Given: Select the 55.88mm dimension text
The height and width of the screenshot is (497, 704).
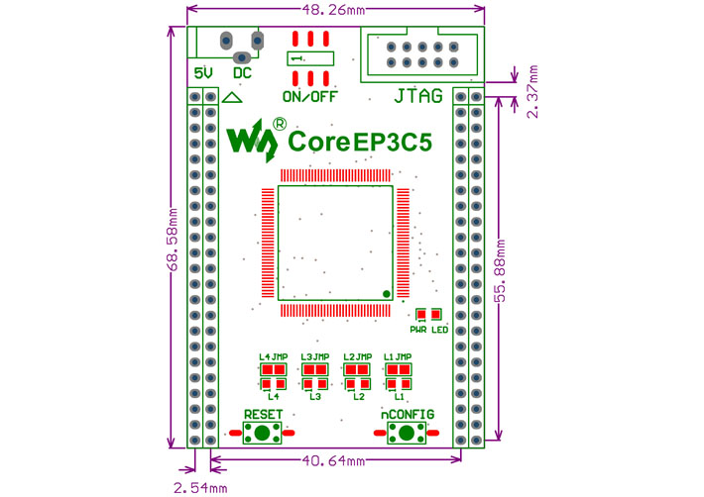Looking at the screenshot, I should point(502,270).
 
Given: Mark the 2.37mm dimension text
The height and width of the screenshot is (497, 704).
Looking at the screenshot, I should point(533,93).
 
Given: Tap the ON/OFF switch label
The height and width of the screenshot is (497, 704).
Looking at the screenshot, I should point(309,98).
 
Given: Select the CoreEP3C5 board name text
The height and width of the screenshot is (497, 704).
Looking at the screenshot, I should point(360,143).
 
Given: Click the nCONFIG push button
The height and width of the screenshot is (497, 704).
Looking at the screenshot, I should point(405,433).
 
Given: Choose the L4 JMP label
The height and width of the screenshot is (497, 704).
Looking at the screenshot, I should point(273,356).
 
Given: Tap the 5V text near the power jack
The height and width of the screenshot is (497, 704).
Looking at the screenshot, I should point(203,74).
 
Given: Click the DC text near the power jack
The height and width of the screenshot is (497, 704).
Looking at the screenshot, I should point(242,73).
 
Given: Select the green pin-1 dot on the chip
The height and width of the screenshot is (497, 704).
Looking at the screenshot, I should point(386,293).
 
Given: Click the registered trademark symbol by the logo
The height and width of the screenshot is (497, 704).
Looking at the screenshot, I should point(280,126).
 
